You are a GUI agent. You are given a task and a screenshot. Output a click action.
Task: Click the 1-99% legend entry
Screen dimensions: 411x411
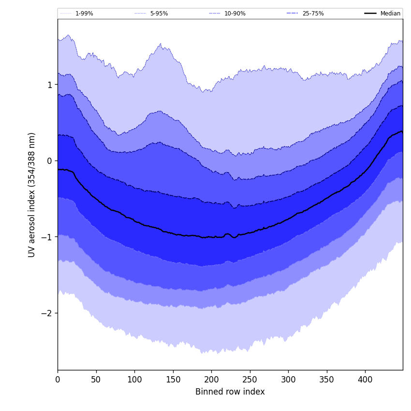tap(84, 14)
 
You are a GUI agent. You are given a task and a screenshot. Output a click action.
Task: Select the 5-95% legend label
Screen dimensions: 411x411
tap(159, 14)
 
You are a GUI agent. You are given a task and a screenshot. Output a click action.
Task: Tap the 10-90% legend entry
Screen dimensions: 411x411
tap(235, 14)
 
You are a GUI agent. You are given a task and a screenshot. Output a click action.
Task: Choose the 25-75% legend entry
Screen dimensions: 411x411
tap(313, 14)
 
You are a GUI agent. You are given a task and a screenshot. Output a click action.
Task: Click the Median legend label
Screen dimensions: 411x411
tap(390, 14)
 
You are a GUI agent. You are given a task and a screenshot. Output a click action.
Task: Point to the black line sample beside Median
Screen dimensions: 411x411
tap(370, 14)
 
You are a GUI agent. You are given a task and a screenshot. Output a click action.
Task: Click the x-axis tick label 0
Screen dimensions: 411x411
tap(58, 380)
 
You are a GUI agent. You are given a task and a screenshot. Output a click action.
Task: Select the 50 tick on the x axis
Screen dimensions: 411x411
tap(96, 380)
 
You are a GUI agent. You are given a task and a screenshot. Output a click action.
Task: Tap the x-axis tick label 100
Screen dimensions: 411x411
tap(134, 380)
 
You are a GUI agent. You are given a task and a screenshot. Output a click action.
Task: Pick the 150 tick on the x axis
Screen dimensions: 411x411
tap(173, 380)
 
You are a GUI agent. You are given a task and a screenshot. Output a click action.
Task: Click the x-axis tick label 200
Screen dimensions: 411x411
tap(211, 380)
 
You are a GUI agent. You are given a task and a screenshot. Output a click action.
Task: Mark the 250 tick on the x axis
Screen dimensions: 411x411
tap(250, 380)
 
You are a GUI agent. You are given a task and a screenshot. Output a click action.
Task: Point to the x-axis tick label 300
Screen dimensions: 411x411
tap(288, 380)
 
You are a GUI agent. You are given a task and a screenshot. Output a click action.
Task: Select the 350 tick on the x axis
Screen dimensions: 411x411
tap(327, 380)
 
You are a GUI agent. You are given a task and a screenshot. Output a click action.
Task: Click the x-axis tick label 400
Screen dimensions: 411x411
tap(365, 380)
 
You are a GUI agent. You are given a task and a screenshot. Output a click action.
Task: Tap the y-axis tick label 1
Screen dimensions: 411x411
tap(49, 85)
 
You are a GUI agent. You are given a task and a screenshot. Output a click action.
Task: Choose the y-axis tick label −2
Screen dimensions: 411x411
tap(46, 313)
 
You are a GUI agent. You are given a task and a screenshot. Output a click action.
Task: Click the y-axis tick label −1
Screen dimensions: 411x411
tap(46, 237)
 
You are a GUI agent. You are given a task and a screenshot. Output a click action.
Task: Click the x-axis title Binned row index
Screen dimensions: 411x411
tap(230, 392)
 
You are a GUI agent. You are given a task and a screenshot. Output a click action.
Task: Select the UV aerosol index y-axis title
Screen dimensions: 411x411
tap(32, 194)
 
